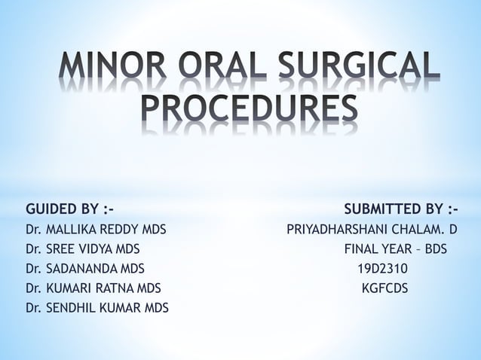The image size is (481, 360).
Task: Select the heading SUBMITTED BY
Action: pyautogui.click(x=401, y=208)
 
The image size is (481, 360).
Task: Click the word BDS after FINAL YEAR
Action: pyautogui.click(x=433, y=248)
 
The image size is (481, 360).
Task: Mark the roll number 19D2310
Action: pyautogui.click(x=382, y=267)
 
